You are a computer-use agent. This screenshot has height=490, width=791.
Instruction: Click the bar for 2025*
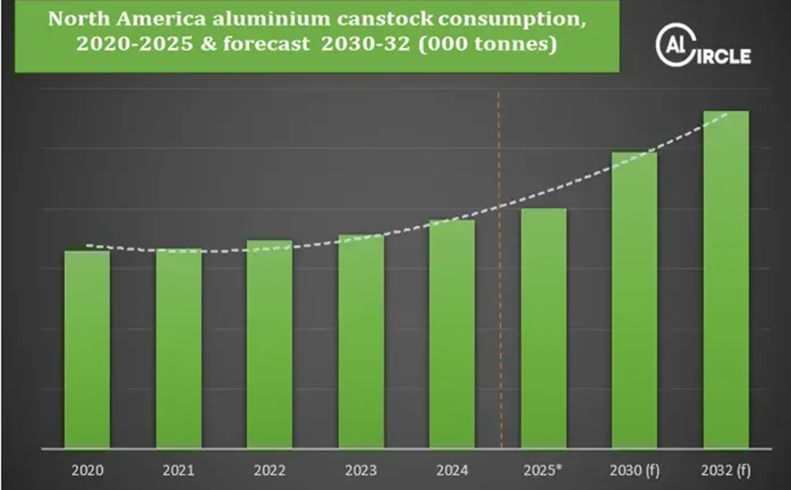[543, 328]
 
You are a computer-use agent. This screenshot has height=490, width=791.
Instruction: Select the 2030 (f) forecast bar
[634, 300]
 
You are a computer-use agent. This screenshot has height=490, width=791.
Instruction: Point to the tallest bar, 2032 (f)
[726, 280]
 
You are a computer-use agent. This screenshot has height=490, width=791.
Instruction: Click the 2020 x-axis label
[87, 470]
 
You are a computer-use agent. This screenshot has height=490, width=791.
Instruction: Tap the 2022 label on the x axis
[270, 470]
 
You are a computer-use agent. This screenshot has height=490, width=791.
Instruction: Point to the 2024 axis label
[452, 470]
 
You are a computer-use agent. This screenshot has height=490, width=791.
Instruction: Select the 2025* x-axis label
[543, 470]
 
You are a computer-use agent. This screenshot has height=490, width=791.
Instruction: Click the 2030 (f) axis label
[634, 470]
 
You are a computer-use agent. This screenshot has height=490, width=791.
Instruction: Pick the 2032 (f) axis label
[726, 470]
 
